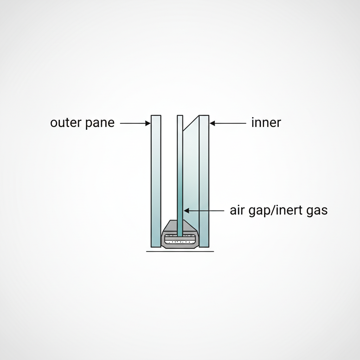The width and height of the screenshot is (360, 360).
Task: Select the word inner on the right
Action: click(x=266, y=123)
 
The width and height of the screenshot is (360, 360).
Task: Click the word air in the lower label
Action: click(x=237, y=211)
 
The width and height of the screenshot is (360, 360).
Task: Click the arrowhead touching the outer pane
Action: click(x=148, y=123)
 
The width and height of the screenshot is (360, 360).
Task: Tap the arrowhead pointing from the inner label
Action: click(x=212, y=123)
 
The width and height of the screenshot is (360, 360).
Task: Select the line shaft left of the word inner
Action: click(x=230, y=123)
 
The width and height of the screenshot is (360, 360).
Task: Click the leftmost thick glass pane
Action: click(x=156, y=179)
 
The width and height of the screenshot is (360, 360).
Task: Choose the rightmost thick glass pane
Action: click(x=204, y=179)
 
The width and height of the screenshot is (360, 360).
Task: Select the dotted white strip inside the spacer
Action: click(x=180, y=242)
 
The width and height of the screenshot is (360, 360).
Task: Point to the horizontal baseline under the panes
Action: click(x=180, y=251)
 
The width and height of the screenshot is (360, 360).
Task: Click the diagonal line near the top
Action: click(x=191, y=123)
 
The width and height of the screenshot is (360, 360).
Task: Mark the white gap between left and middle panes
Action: click(x=169, y=169)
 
